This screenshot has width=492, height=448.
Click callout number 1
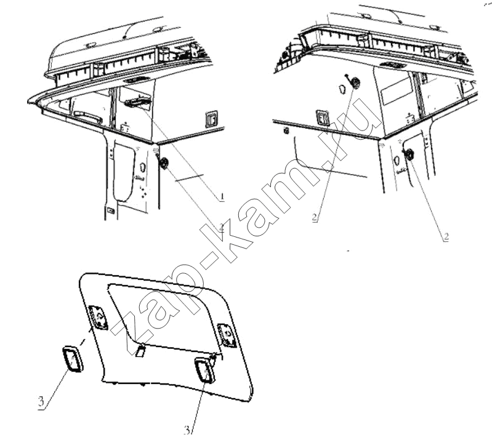(222, 197)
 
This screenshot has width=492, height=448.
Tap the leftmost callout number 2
(222, 228)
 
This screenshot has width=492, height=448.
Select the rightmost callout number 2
(446, 236)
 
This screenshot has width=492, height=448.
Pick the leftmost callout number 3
(41, 401)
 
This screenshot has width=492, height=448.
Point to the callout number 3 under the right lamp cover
(187, 430)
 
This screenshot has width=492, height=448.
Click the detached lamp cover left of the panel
(73, 359)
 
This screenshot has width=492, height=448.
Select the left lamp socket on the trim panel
(97, 318)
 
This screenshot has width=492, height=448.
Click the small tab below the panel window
(140, 350)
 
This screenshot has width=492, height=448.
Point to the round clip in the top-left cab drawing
(164, 163)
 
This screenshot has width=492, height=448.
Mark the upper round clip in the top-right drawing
(355, 82)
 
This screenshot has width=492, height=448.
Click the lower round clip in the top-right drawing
(409, 154)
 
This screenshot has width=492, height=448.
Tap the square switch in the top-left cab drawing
(212, 119)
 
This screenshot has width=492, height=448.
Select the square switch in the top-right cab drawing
(322, 118)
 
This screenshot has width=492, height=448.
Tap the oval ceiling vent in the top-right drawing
(392, 65)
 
